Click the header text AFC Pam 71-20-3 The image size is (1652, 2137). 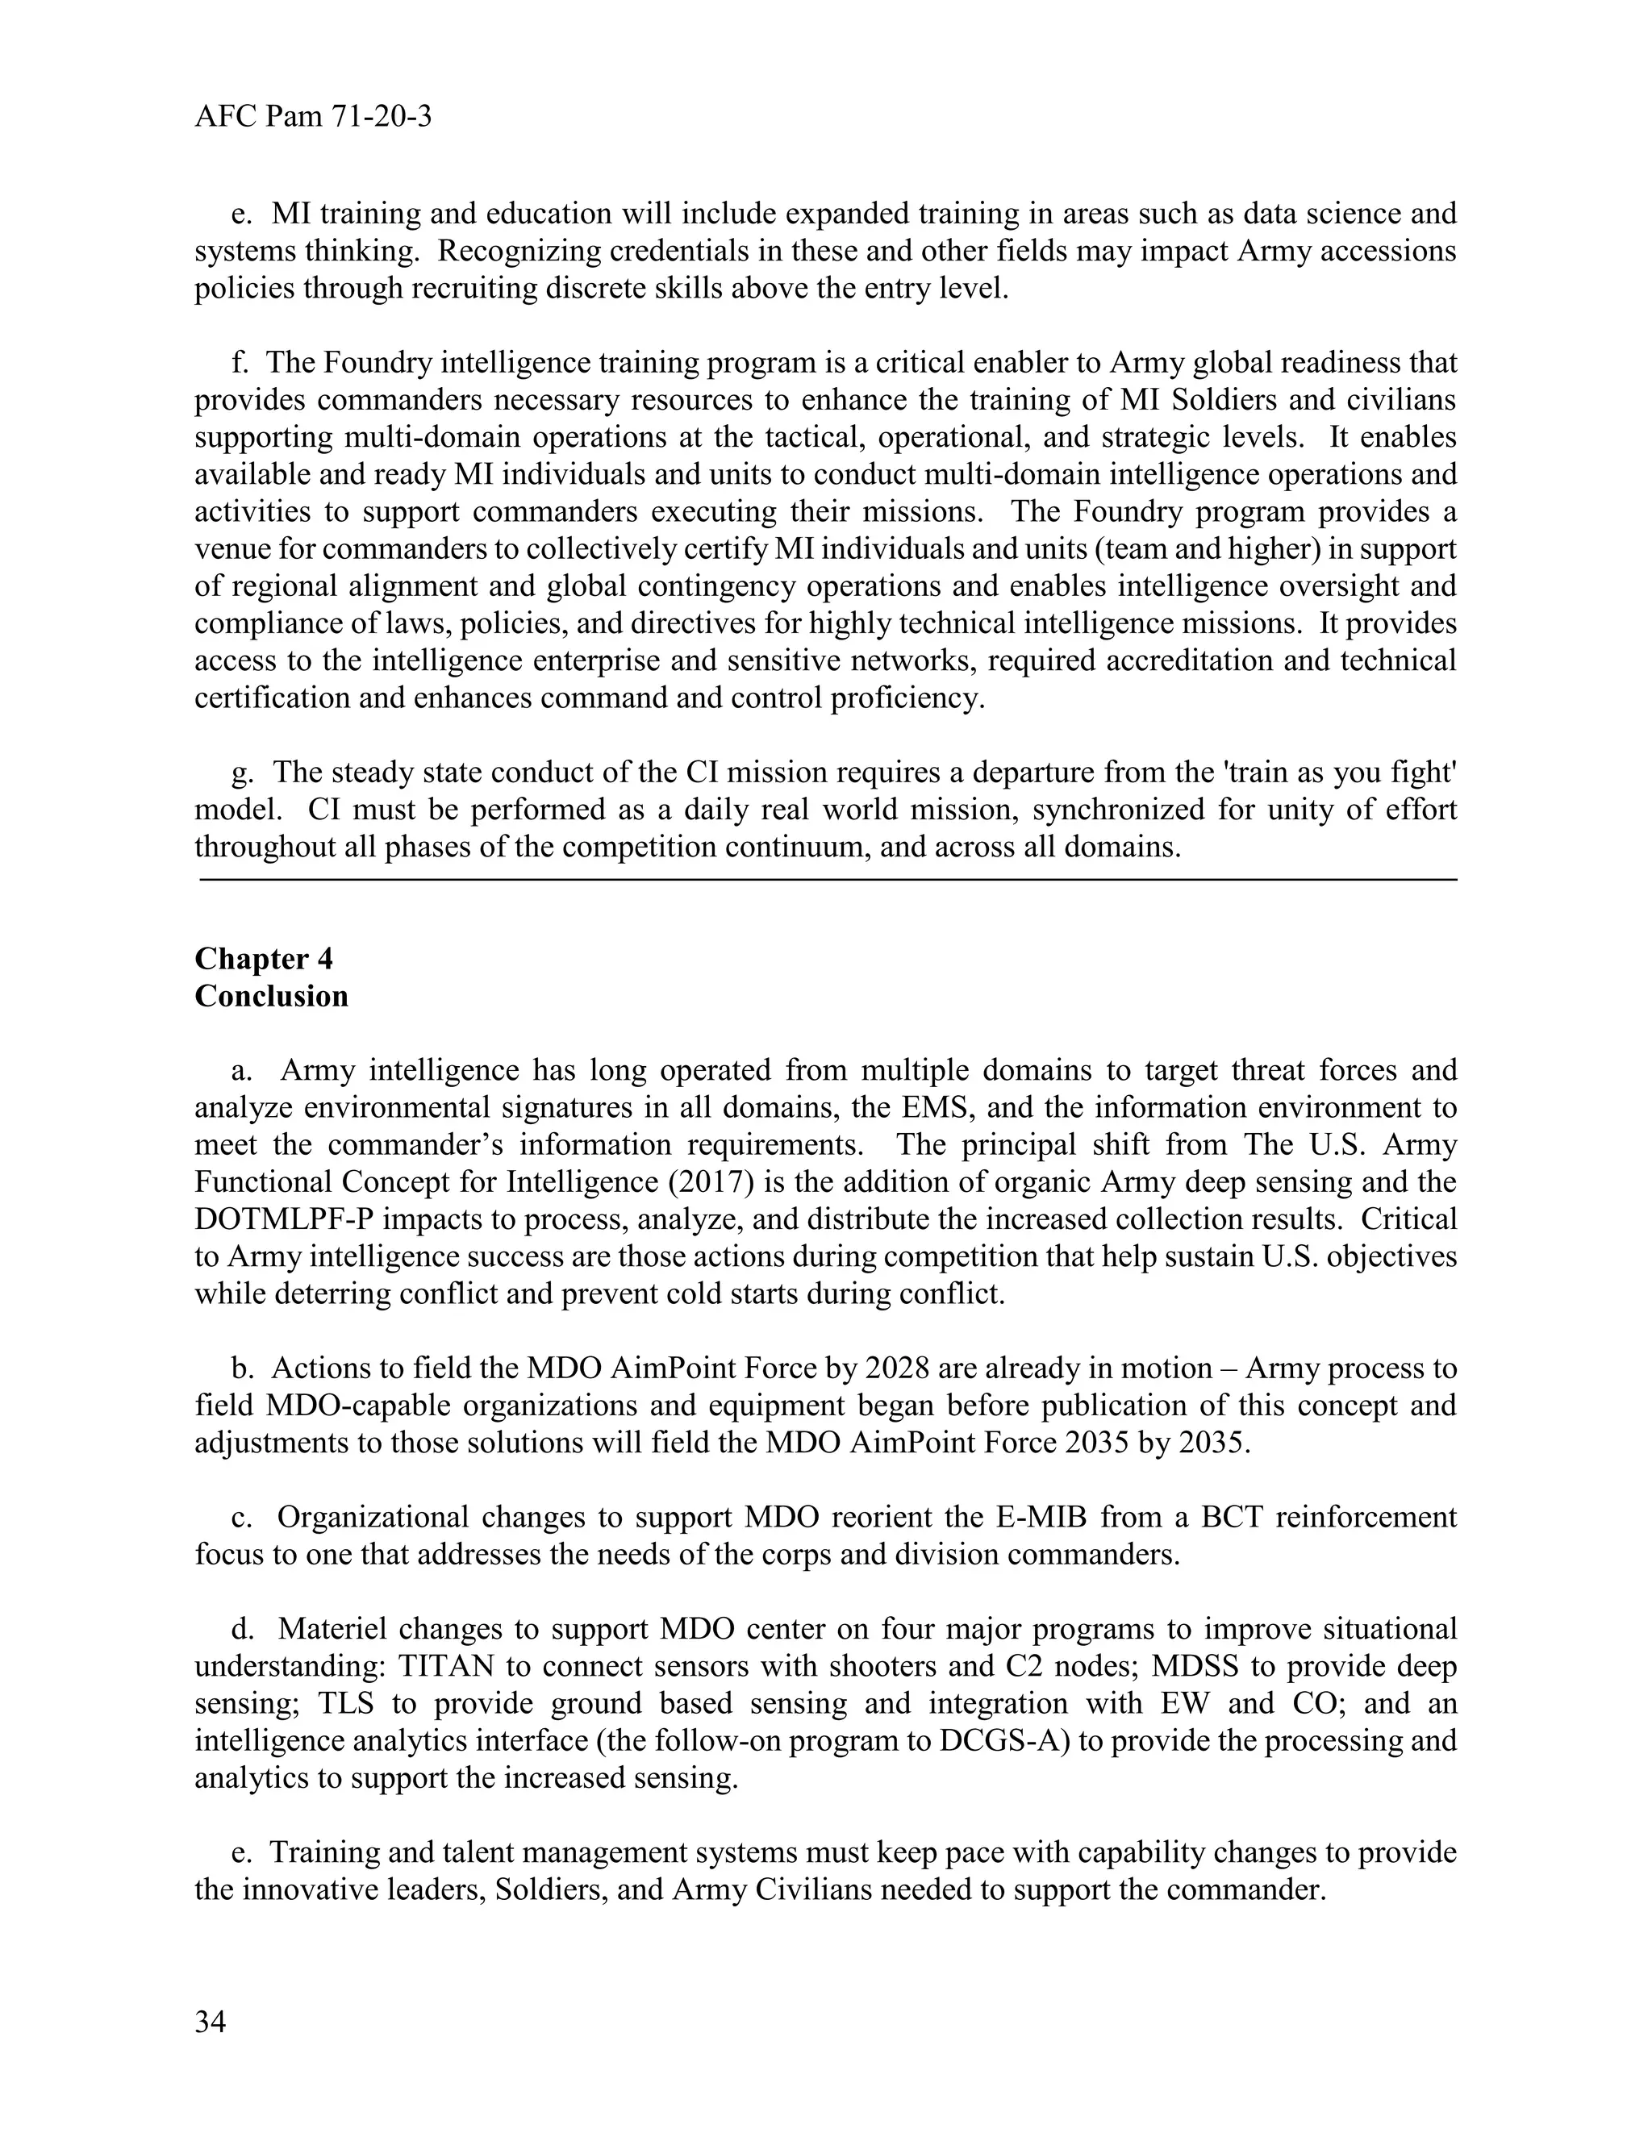tap(313, 118)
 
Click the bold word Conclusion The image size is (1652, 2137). tap(271, 996)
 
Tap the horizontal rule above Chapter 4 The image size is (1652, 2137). tap(827, 881)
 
